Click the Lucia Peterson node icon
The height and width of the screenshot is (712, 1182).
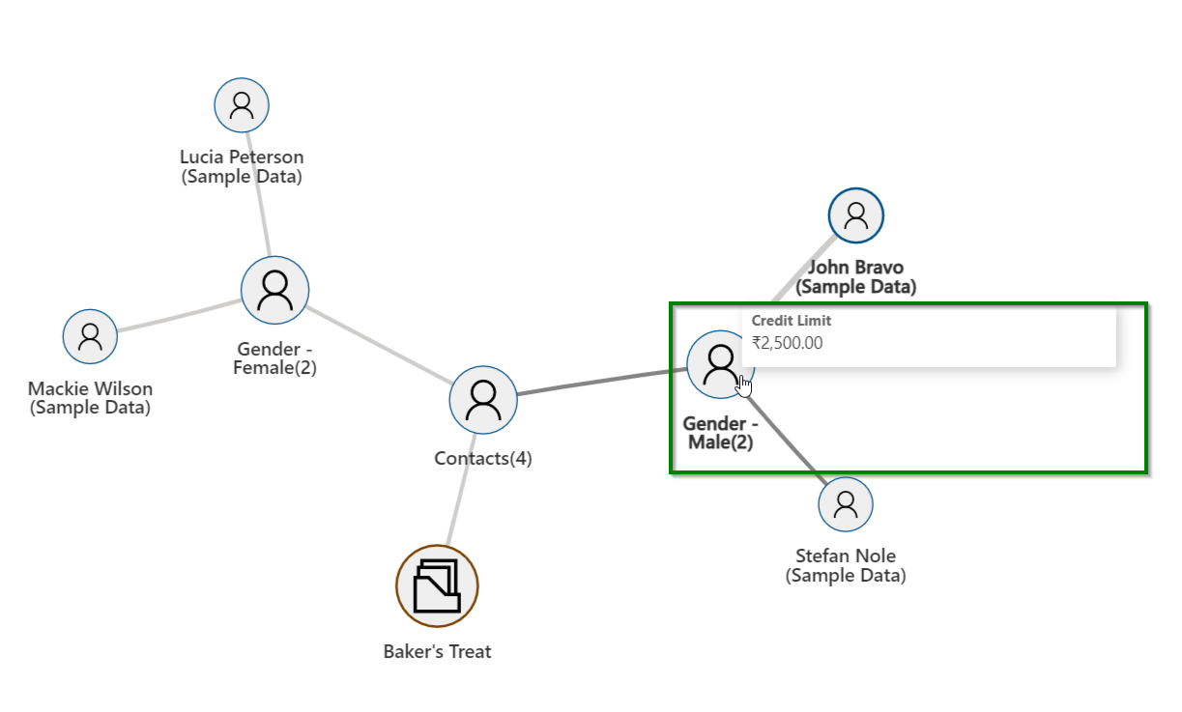click(x=242, y=104)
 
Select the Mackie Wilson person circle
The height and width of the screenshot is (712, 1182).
click(x=90, y=336)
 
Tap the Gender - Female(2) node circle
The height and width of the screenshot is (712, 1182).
click(x=275, y=289)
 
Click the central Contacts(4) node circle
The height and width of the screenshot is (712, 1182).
click(x=482, y=399)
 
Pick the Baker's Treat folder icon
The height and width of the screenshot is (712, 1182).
click(x=438, y=586)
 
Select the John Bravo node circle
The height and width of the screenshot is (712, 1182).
click(x=855, y=214)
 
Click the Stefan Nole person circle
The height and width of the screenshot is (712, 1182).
click(x=846, y=504)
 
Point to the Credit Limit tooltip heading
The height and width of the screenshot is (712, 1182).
click(x=792, y=321)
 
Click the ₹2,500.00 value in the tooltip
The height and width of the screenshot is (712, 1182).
click(x=788, y=342)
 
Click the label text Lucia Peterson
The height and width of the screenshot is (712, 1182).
click(x=242, y=157)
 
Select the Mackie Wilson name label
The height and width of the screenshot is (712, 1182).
click(x=90, y=389)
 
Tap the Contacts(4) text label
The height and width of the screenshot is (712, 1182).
click(x=482, y=458)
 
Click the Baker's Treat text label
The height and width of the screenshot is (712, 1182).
click(x=437, y=651)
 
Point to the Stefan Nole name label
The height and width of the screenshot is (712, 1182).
click(x=846, y=556)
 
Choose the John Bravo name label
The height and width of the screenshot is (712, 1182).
click(x=855, y=268)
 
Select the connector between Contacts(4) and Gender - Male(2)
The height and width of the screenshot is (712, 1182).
click(x=599, y=382)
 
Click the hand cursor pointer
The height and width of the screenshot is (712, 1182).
click(x=743, y=384)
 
